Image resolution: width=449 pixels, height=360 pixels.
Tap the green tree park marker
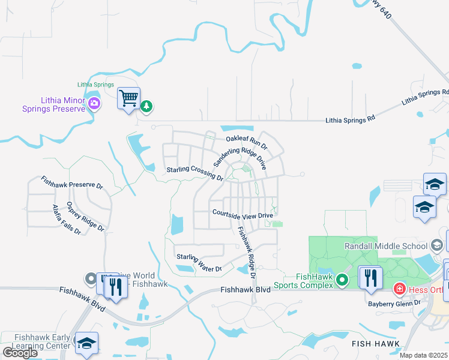(x=146, y=106)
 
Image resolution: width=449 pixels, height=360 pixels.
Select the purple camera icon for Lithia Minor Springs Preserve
(x=94, y=104)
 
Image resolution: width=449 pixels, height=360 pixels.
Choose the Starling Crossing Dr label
(x=194, y=173)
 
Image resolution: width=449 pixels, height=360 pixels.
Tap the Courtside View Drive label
(x=243, y=214)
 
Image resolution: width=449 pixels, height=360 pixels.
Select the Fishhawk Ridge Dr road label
(x=246, y=251)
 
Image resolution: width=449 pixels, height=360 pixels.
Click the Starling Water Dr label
(x=199, y=263)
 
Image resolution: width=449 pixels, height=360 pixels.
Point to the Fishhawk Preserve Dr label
(x=72, y=182)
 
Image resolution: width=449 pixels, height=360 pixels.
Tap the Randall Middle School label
(x=387, y=245)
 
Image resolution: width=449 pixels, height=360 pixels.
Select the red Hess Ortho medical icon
(x=399, y=290)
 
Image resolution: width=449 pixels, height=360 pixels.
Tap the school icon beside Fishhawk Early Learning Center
(x=86, y=343)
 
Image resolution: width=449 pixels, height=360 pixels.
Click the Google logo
(x=20, y=353)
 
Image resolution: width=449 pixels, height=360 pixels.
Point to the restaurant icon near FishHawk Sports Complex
(x=370, y=277)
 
